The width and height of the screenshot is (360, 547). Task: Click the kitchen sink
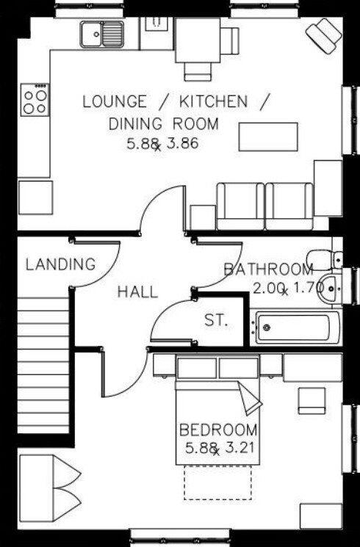pos(103,33)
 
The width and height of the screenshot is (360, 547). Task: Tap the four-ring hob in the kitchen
pos(35,99)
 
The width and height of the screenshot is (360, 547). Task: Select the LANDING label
pos(60,264)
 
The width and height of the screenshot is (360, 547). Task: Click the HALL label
pos(137,292)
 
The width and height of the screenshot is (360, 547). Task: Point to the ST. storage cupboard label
pos(216,321)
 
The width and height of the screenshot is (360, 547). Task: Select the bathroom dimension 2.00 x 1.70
pos(287,289)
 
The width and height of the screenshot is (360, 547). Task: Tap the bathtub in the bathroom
pos(297,327)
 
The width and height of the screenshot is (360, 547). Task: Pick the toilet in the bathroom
pos(324,256)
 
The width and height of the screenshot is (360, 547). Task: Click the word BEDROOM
pos(219,430)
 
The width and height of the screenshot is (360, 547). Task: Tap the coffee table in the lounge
pos(268,137)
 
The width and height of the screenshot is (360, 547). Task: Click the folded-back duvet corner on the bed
pos(249,399)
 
